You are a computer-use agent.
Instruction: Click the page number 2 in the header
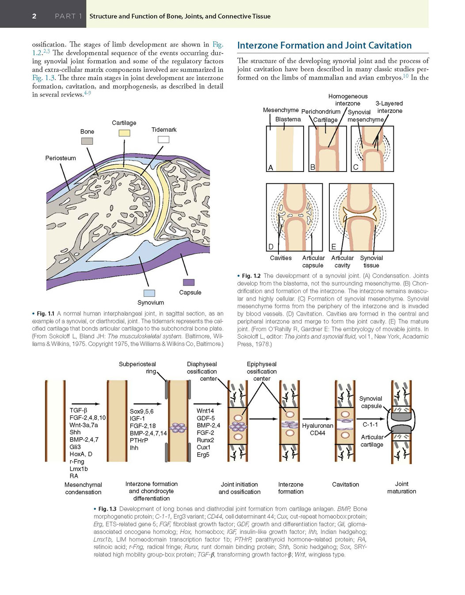pos(34,16)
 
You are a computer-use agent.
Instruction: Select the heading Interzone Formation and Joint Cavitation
pos(324,45)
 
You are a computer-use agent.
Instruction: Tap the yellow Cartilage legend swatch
pos(124,133)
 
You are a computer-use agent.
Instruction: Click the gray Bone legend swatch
pos(87,141)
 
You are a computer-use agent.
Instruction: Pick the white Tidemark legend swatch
pos(164,139)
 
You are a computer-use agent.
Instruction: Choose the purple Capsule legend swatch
pos(189,282)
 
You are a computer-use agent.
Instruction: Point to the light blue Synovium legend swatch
pos(149,293)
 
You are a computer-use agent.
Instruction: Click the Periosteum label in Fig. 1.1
pos(61,158)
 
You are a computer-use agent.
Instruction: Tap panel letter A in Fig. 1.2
pos(271,168)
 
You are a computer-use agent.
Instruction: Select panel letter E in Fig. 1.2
pos(334,247)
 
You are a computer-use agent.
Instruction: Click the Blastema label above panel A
pos(288,119)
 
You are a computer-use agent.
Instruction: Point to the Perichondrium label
pos(321,111)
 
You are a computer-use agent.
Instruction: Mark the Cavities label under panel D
pos(281,258)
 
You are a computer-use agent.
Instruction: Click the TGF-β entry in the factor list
pos(78,410)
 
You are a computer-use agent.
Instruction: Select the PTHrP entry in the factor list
pos(139,440)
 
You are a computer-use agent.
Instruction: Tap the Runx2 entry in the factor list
pos(205,440)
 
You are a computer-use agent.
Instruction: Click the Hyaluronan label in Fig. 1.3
pos(317,426)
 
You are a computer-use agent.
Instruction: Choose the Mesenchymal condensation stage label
pos(83,488)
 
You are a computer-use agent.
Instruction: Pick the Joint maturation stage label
pos(401,488)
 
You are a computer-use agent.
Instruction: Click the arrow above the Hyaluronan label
pos(317,419)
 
